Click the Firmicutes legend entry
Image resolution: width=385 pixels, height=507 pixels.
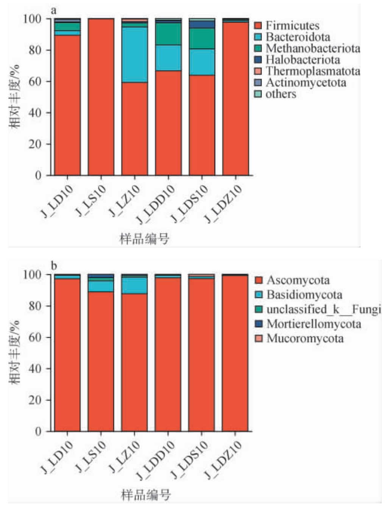click(292, 26)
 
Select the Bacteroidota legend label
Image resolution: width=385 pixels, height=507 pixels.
click(297, 37)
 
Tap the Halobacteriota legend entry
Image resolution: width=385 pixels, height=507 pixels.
click(302, 60)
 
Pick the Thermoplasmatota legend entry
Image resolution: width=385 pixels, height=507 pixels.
click(312, 71)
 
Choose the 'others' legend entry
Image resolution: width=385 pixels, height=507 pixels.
click(281, 94)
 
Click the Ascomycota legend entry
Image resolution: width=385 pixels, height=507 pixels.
click(298, 280)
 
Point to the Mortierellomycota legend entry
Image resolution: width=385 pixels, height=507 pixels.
click(313, 324)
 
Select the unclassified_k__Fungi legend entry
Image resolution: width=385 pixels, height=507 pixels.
click(323, 310)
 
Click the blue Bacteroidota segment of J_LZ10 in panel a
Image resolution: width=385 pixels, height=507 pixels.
click(134, 55)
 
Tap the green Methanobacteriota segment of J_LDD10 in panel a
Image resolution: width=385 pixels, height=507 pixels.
click(168, 34)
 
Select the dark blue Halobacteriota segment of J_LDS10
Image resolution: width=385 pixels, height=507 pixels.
click(202, 25)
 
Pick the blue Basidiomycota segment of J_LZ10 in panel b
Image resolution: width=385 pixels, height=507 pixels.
click(134, 286)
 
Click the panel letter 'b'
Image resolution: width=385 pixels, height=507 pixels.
click(54, 266)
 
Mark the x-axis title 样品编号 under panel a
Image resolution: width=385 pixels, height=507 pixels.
click(144, 239)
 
